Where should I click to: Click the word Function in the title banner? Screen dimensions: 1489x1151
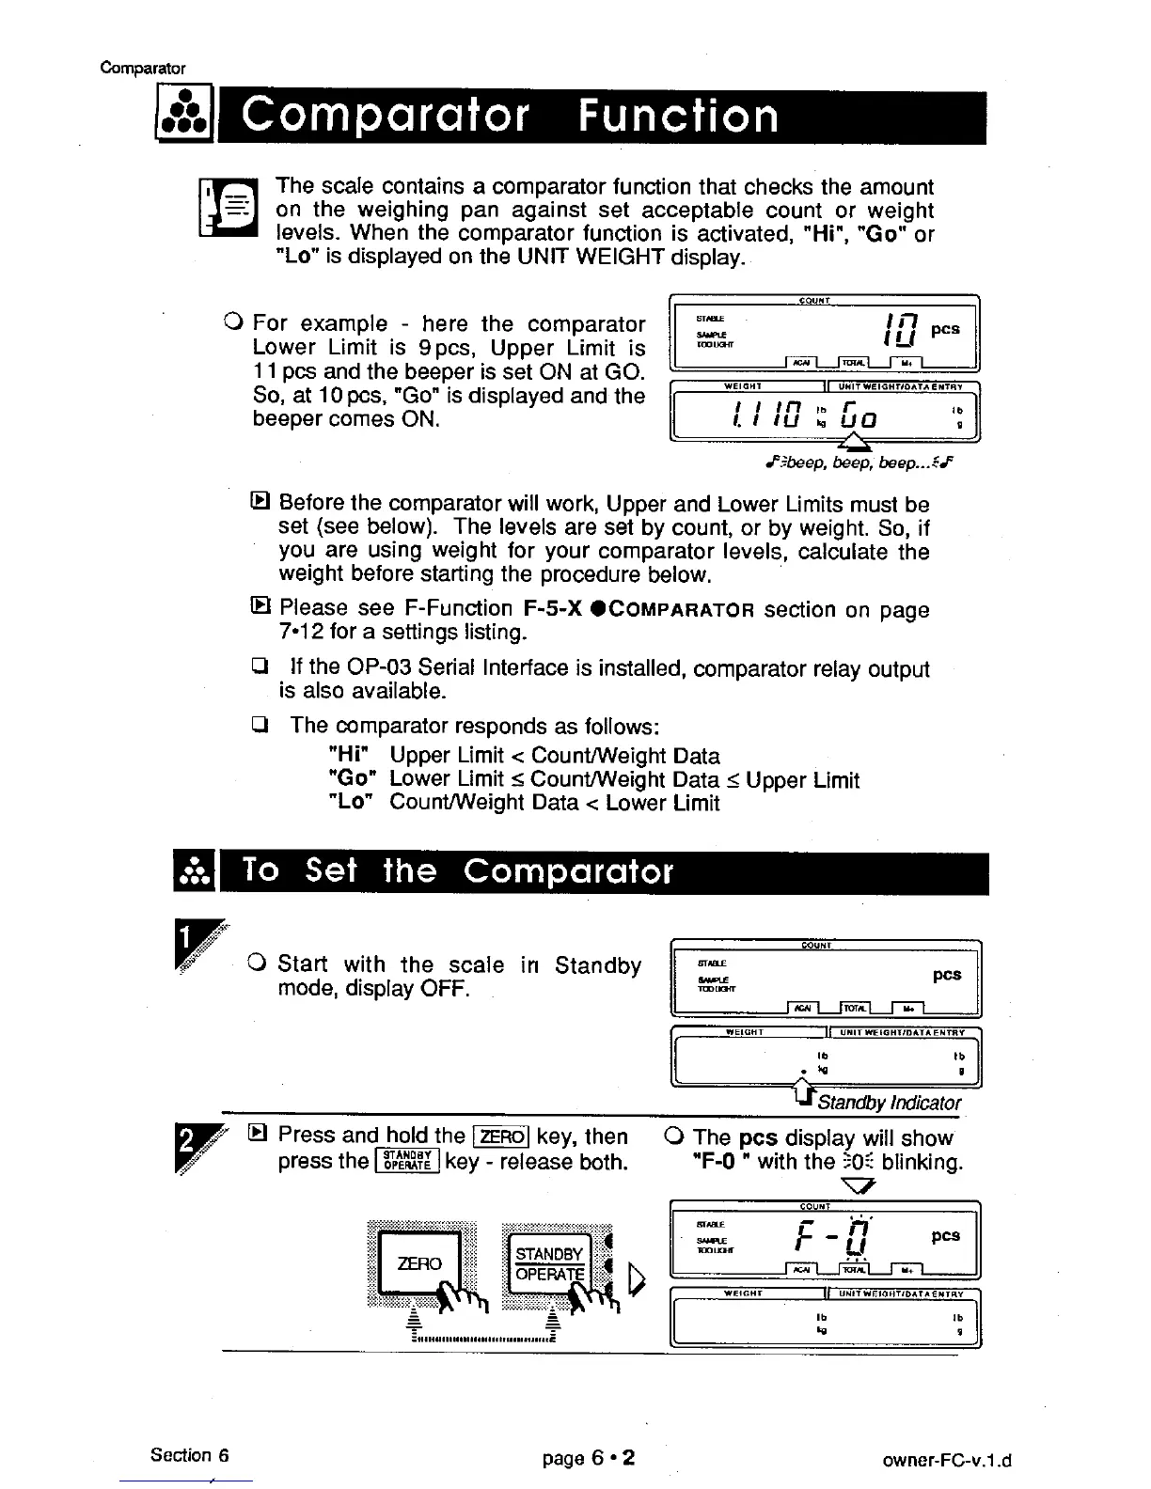tap(677, 118)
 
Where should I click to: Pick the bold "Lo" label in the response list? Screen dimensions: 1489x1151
tap(352, 803)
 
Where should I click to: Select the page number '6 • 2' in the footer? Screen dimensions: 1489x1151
tap(612, 1458)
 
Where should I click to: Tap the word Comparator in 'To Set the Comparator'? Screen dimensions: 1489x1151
tap(569, 871)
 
